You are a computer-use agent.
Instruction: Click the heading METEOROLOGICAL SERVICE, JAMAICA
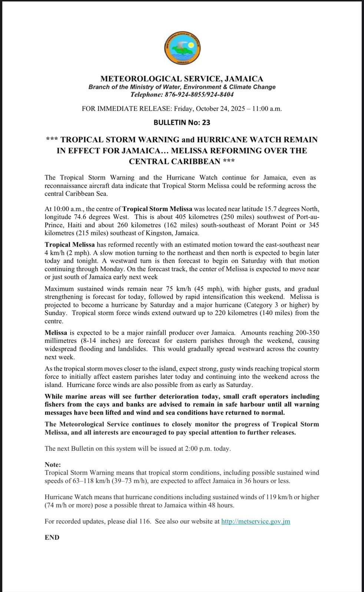182,79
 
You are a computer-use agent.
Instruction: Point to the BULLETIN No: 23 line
182,122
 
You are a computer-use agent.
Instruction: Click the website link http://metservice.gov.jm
255,521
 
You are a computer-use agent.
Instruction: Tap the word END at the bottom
52,538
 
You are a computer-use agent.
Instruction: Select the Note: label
53,465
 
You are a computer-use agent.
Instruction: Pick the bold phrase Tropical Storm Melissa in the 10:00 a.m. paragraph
157,209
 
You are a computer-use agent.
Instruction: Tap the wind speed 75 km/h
144,289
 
